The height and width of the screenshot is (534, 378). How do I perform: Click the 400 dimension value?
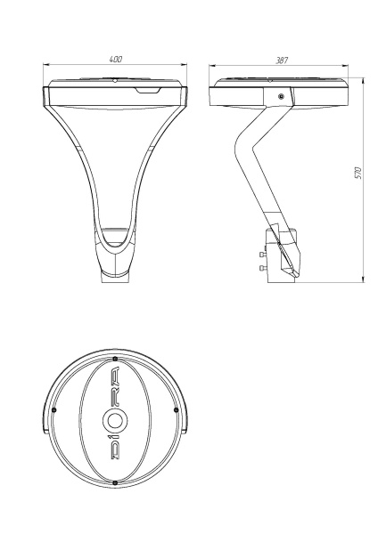click(116, 59)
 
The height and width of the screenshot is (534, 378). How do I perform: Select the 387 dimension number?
click(282, 61)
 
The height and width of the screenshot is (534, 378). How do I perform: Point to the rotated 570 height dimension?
click(357, 173)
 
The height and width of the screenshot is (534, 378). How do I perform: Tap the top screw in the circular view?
click(115, 359)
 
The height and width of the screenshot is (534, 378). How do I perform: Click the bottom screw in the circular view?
click(115, 482)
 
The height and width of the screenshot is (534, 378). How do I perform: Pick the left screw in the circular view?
click(53, 409)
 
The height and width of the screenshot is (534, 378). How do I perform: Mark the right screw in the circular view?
click(176, 409)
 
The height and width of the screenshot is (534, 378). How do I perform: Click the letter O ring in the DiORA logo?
click(115, 421)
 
